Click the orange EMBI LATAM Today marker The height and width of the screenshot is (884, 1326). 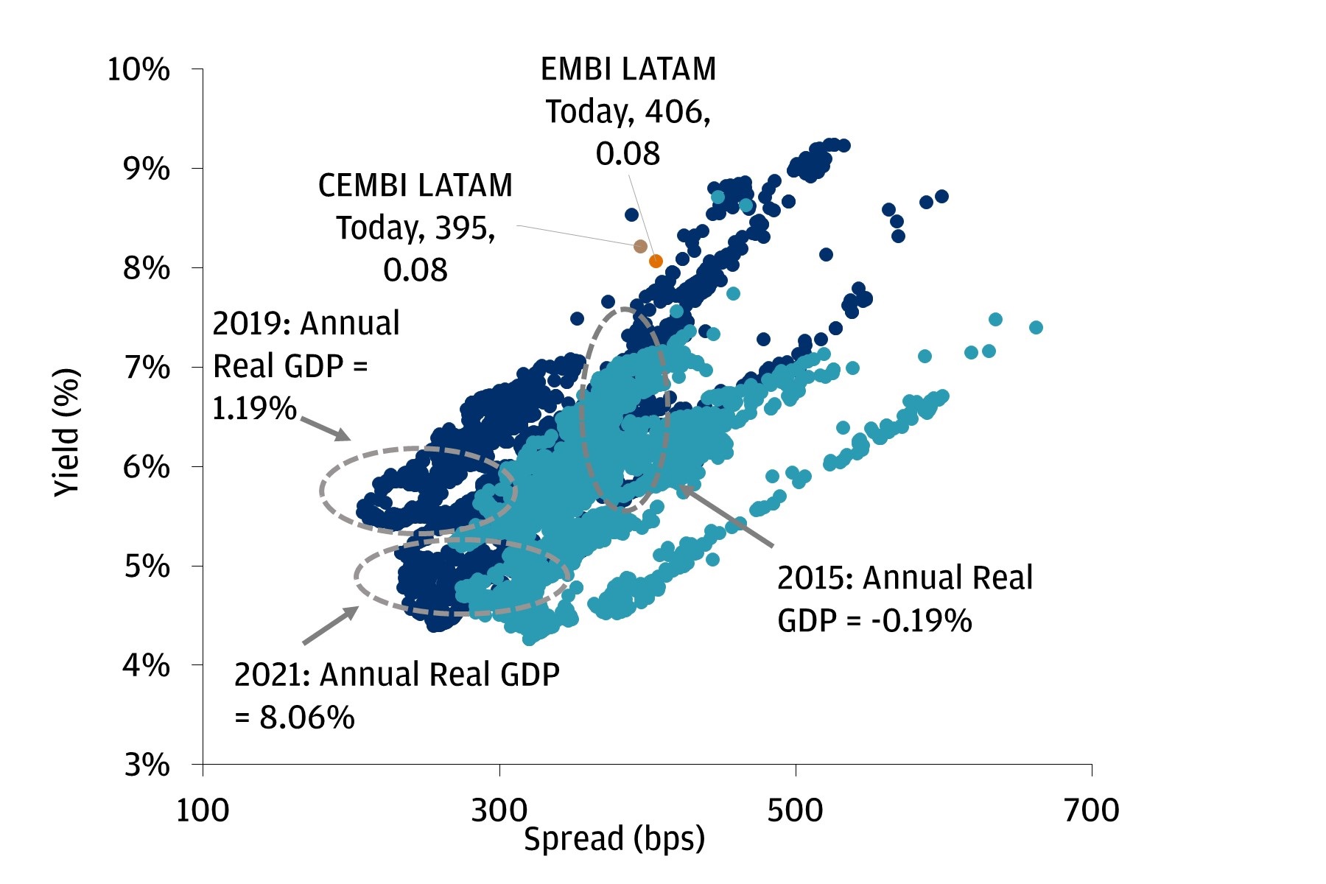tap(656, 261)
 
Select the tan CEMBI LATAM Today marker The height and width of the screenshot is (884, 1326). tap(640, 246)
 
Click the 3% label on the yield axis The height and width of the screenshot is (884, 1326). tap(146, 765)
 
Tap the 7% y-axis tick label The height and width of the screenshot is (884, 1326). tap(146, 367)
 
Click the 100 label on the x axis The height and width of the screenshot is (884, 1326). tap(203, 810)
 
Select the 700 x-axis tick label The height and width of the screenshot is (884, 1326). tap(1091, 810)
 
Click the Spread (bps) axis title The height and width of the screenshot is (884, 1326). tap(614, 839)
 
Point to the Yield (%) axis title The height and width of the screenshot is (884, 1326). tap(66, 432)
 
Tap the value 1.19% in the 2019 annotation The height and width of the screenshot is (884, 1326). tap(254, 408)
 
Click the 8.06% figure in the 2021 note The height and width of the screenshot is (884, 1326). tap(306, 717)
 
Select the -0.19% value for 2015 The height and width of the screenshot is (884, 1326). tap(922, 621)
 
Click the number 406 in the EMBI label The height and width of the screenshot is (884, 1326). tap(673, 111)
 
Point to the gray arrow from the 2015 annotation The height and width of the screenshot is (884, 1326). tap(726, 516)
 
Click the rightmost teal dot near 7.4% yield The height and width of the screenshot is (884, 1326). tap(1036, 327)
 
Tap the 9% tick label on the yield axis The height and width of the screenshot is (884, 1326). tap(146, 169)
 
